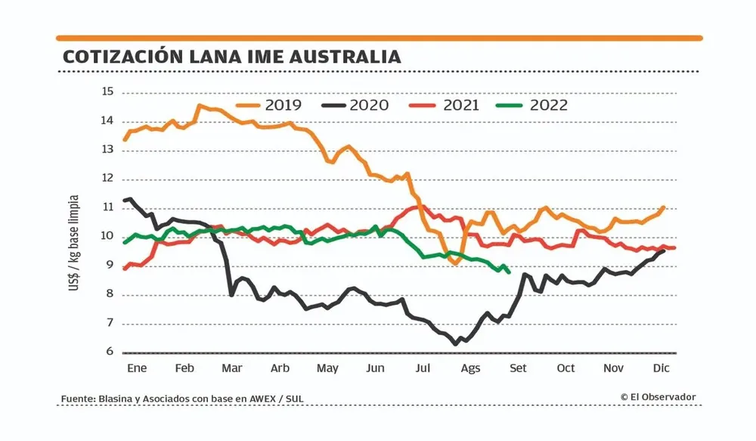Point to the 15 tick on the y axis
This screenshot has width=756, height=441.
point(106,92)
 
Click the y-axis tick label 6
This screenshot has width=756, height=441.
point(109,352)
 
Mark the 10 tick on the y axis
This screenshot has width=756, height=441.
point(106,236)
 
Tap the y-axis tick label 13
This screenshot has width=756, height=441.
point(106,150)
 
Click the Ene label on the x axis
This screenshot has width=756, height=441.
point(135,368)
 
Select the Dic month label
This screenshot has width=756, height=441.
point(661,368)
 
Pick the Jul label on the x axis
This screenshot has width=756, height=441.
point(423,368)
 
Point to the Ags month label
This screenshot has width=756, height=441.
point(470,368)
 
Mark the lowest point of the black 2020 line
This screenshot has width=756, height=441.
point(455,344)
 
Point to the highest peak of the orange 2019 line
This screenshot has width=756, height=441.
point(200,106)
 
